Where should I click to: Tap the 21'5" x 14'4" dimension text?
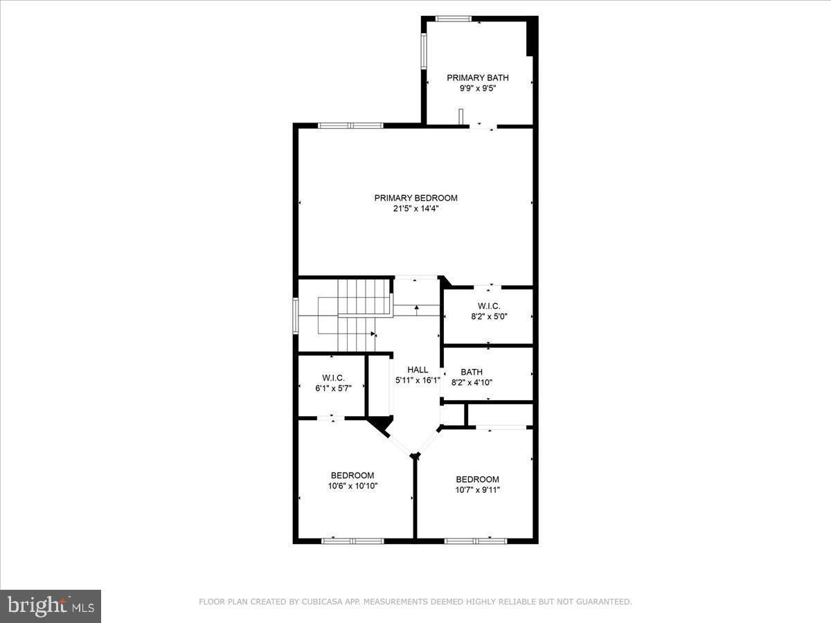pos(415,208)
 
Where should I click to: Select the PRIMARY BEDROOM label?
pos(415,198)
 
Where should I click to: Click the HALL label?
pos(418,370)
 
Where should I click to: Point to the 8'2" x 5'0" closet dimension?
pos(488,317)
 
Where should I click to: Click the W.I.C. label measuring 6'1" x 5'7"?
pos(333,377)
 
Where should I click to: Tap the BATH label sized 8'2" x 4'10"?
pos(472,372)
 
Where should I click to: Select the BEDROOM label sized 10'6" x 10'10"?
pos(352,475)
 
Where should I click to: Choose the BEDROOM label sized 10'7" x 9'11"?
pos(477,479)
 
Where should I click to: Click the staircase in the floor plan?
pos(353,315)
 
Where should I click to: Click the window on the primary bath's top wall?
pos(454,19)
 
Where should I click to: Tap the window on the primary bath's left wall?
pos(425,52)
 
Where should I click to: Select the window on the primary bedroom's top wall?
pos(350,125)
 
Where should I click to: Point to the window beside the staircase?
pos(296,315)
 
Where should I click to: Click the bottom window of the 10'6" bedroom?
pos(352,540)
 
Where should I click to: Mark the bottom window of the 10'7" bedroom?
pos(476,540)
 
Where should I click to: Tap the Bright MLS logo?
pos(51,606)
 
